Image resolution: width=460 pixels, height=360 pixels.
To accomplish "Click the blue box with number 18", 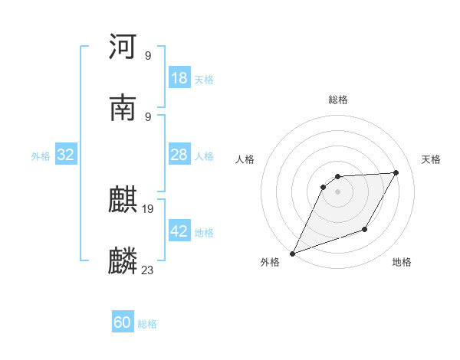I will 179,78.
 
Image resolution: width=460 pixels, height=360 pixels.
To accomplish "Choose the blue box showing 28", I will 179,155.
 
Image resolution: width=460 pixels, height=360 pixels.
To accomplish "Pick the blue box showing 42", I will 179,231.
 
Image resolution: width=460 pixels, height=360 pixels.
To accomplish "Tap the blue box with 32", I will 66,155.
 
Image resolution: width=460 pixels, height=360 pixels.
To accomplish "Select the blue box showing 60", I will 123,322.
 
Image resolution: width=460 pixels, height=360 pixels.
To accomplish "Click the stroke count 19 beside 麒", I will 148,208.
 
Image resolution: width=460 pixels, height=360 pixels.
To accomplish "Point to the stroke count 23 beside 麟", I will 148,270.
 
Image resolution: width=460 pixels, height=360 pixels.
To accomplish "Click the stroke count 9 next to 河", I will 148,55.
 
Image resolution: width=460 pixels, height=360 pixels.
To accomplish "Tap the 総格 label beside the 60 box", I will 147,324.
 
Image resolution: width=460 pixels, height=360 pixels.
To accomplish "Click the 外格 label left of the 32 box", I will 41,156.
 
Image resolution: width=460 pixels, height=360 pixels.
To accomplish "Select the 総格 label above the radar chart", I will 337,100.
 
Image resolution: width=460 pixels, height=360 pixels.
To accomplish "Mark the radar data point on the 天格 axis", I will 396,172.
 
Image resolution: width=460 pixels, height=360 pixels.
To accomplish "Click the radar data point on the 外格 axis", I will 292,254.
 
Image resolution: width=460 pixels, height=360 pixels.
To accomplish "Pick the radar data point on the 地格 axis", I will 366,229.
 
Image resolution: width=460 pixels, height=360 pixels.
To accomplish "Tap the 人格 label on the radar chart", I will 245,159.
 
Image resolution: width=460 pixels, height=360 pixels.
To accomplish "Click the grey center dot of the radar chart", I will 337,191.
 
